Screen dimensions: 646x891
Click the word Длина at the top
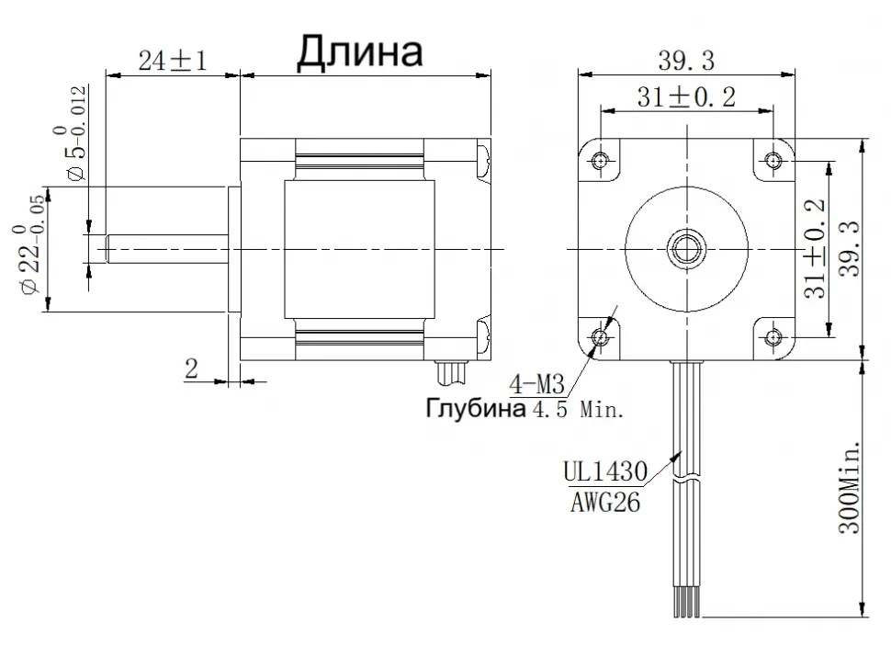[359, 52]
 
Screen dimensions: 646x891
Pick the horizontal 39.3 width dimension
[685, 60]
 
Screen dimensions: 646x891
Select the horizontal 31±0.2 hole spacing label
[685, 97]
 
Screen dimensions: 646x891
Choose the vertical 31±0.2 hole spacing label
[815, 248]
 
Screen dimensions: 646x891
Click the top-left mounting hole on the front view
[600, 160]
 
